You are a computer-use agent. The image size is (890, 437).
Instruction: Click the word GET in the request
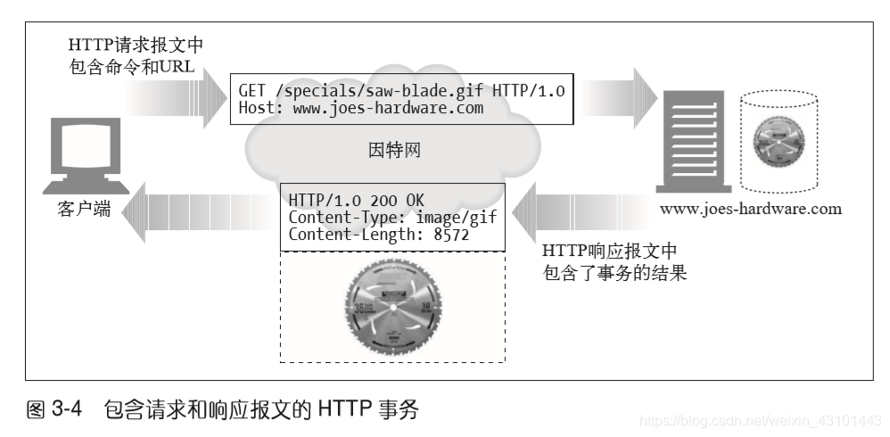[x=252, y=91]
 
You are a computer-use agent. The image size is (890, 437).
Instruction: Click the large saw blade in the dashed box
[x=391, y=302]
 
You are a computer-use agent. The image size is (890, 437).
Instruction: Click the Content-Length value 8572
[x=451, y=235]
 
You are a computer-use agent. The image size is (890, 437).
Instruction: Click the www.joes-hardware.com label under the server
[x=750, y=210]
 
